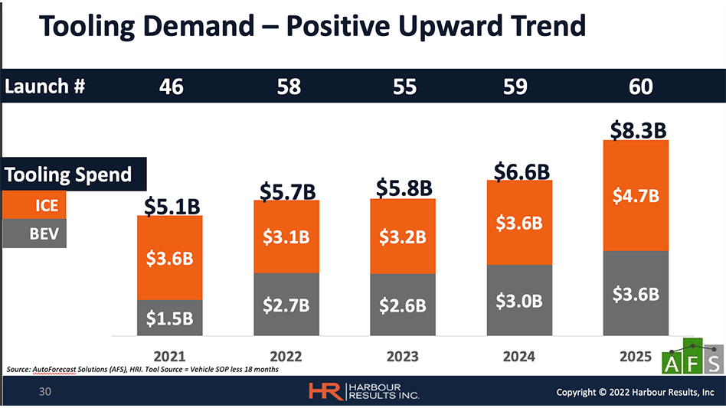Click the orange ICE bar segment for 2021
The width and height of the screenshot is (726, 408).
[x=170, y=257]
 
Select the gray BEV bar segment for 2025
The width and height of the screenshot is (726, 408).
[x=636, y=293]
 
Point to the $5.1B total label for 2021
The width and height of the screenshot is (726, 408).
[x=172, y=205]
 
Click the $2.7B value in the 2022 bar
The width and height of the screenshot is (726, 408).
[x=286, y=305]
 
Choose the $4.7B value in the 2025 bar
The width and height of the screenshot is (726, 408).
[x=636, y=196]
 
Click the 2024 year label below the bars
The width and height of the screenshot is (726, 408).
[x=518, y=356]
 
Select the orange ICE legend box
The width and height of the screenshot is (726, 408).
[x=34, y=206]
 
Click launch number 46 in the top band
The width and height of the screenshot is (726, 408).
[x=172, y=86]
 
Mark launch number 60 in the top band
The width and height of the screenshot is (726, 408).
[x=640, y=86]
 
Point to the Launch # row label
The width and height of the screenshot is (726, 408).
[x=45, y=86]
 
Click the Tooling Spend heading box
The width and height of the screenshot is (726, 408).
[x=69, y=175]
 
